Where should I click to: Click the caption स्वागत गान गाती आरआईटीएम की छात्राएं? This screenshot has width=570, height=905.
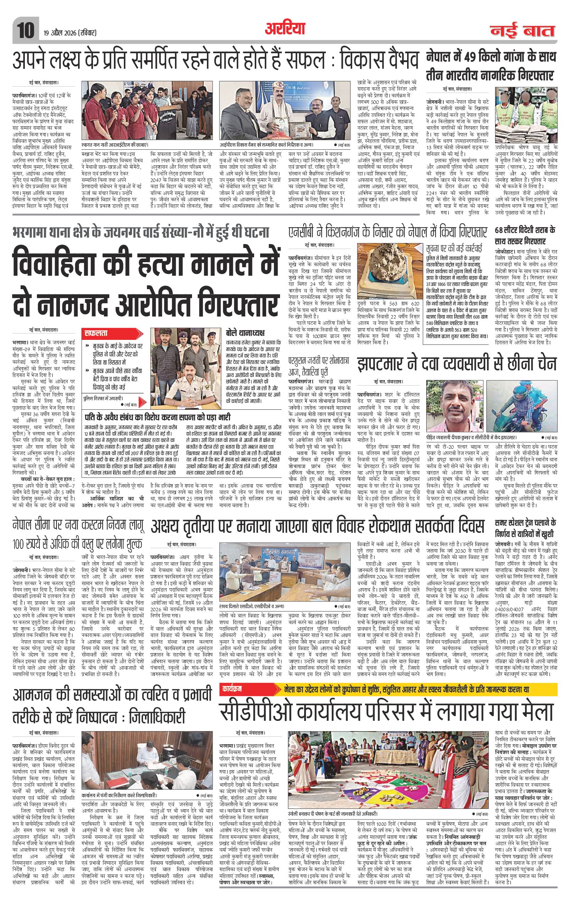tap(115, 144)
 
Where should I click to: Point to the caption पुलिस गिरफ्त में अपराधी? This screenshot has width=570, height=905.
tap(103, 398)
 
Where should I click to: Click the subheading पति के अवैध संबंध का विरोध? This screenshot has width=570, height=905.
tap(157, 418)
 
